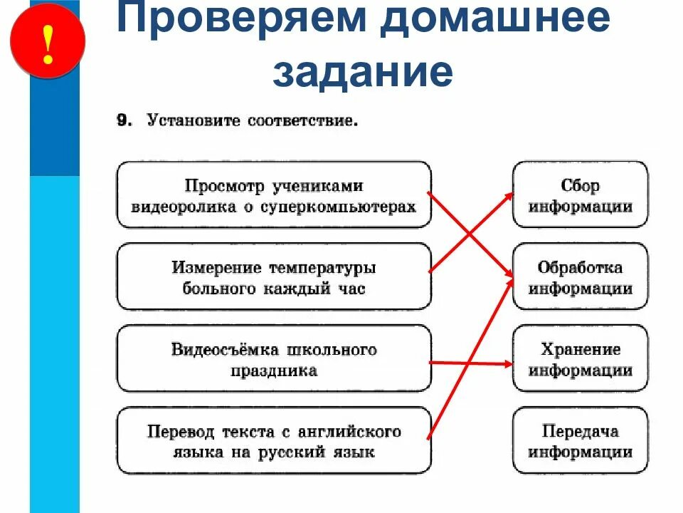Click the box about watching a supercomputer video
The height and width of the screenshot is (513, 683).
(x=274, y=195)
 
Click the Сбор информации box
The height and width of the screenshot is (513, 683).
(x=581, y=195)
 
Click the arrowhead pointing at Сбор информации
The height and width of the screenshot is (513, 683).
(x=508, y=194)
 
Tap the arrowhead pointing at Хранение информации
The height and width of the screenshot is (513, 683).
(x=507, y=363)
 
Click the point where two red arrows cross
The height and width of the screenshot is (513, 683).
(x=470, y=233)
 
